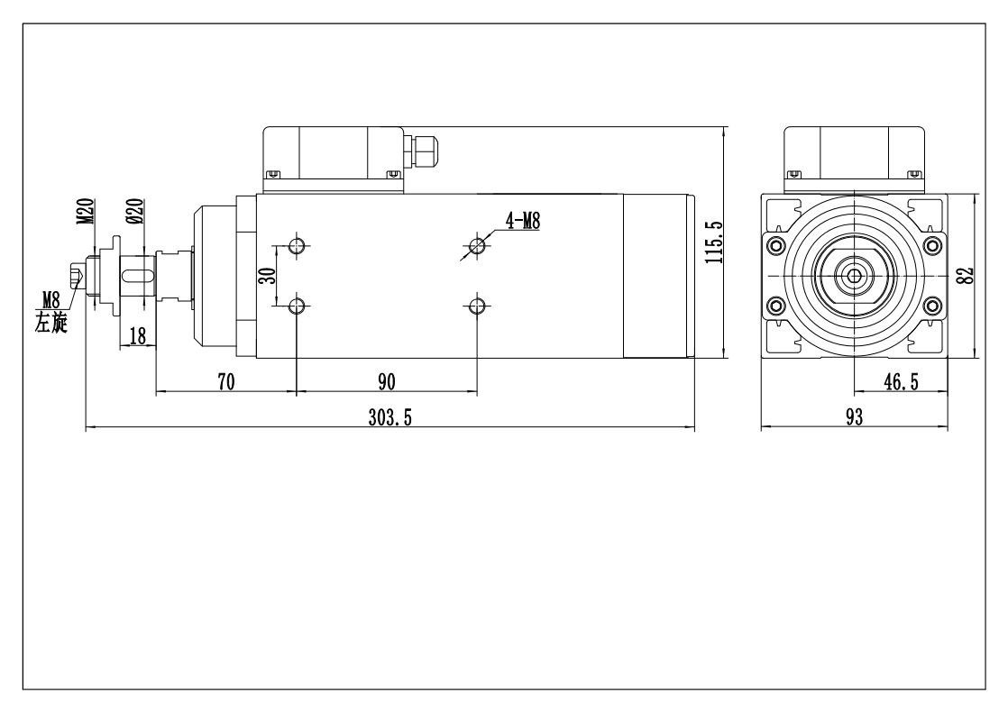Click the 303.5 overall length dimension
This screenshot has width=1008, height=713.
click(x=389, y=417)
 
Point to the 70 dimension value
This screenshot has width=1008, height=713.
click(x=226, y=381)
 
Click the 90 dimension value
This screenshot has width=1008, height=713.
click(x=387, y=381)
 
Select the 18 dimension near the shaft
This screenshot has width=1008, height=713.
click(x=138, y=335)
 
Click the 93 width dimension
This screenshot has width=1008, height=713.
click(x=853, y=416)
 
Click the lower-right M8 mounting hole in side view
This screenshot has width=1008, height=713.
click(x=478, y=307)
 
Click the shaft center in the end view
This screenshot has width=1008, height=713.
click(x=853, y=275)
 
